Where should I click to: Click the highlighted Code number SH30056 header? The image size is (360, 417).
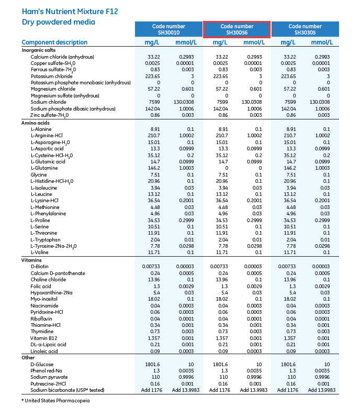coord(237,29)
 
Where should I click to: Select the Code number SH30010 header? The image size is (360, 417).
coord(168,29)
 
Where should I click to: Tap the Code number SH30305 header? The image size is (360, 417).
coord(305,29)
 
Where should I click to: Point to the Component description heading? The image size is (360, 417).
coord(54,42)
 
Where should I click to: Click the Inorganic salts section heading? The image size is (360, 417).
coord(39,50)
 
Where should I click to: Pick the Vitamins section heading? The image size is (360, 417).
coord(31,260)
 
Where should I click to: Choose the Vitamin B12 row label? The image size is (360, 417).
coord(44,338)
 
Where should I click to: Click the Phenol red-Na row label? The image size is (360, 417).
coord(47,371)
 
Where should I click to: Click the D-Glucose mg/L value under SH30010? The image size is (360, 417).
coord(153,365)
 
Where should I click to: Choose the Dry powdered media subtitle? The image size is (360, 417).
coord(58,22)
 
